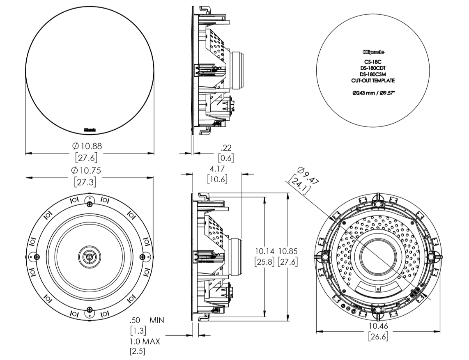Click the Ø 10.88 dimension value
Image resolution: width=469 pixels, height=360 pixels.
87,146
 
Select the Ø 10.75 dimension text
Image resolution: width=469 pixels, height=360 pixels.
87,171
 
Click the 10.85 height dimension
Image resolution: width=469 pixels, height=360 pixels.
288,250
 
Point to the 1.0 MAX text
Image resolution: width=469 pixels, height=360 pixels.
145,341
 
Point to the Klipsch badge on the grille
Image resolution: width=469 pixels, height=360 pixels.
90,129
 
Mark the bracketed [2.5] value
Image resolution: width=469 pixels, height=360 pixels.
138,351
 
